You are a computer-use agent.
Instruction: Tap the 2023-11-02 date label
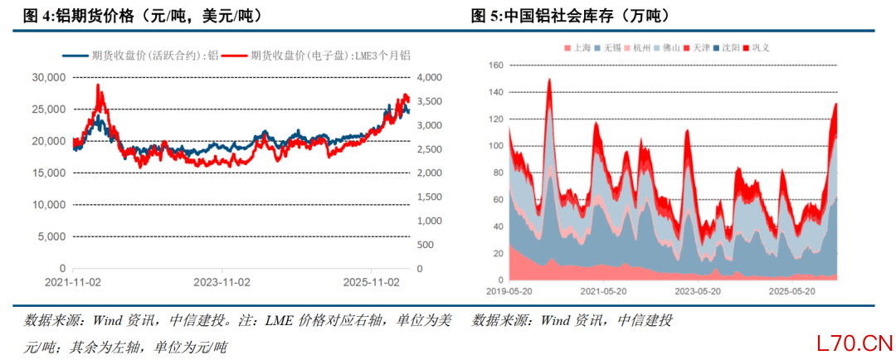coord(222,282)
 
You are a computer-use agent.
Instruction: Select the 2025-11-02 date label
coord(371,282)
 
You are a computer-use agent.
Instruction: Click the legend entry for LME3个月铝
coord(316,56)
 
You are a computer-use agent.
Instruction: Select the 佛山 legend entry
coord(666,48)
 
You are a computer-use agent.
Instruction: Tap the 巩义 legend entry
coord(756,48)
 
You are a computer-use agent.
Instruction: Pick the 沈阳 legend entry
coord(726,48)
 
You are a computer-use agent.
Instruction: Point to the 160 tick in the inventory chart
coord(495,66)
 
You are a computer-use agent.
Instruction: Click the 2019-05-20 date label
coord(509,290)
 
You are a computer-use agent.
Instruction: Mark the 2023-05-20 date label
coord(697,290)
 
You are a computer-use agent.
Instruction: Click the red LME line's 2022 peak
coord(98,85)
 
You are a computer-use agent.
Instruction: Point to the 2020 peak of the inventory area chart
coord(549,79)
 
